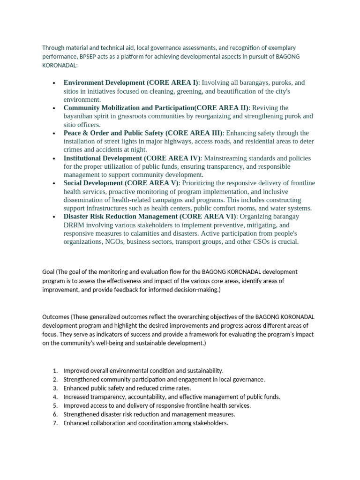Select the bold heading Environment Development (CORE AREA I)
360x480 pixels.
pyautogui.click(x=131, y=82)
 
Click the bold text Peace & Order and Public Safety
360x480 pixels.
pyautogui.click(x=113, y=133)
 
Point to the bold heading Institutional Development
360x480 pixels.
pyautogui.click(x=103, y=158)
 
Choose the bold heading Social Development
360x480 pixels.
pyautogui.click(x=93, y=183)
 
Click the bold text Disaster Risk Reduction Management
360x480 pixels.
pyautogui.click(x=120, y=217)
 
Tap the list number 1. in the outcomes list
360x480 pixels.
pyautogui.click(x=55, y=371)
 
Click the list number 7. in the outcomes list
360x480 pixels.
pyautogui.click(x=55, y=423)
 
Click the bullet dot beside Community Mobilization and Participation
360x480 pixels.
pyautogui.click(x=54, y=108)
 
